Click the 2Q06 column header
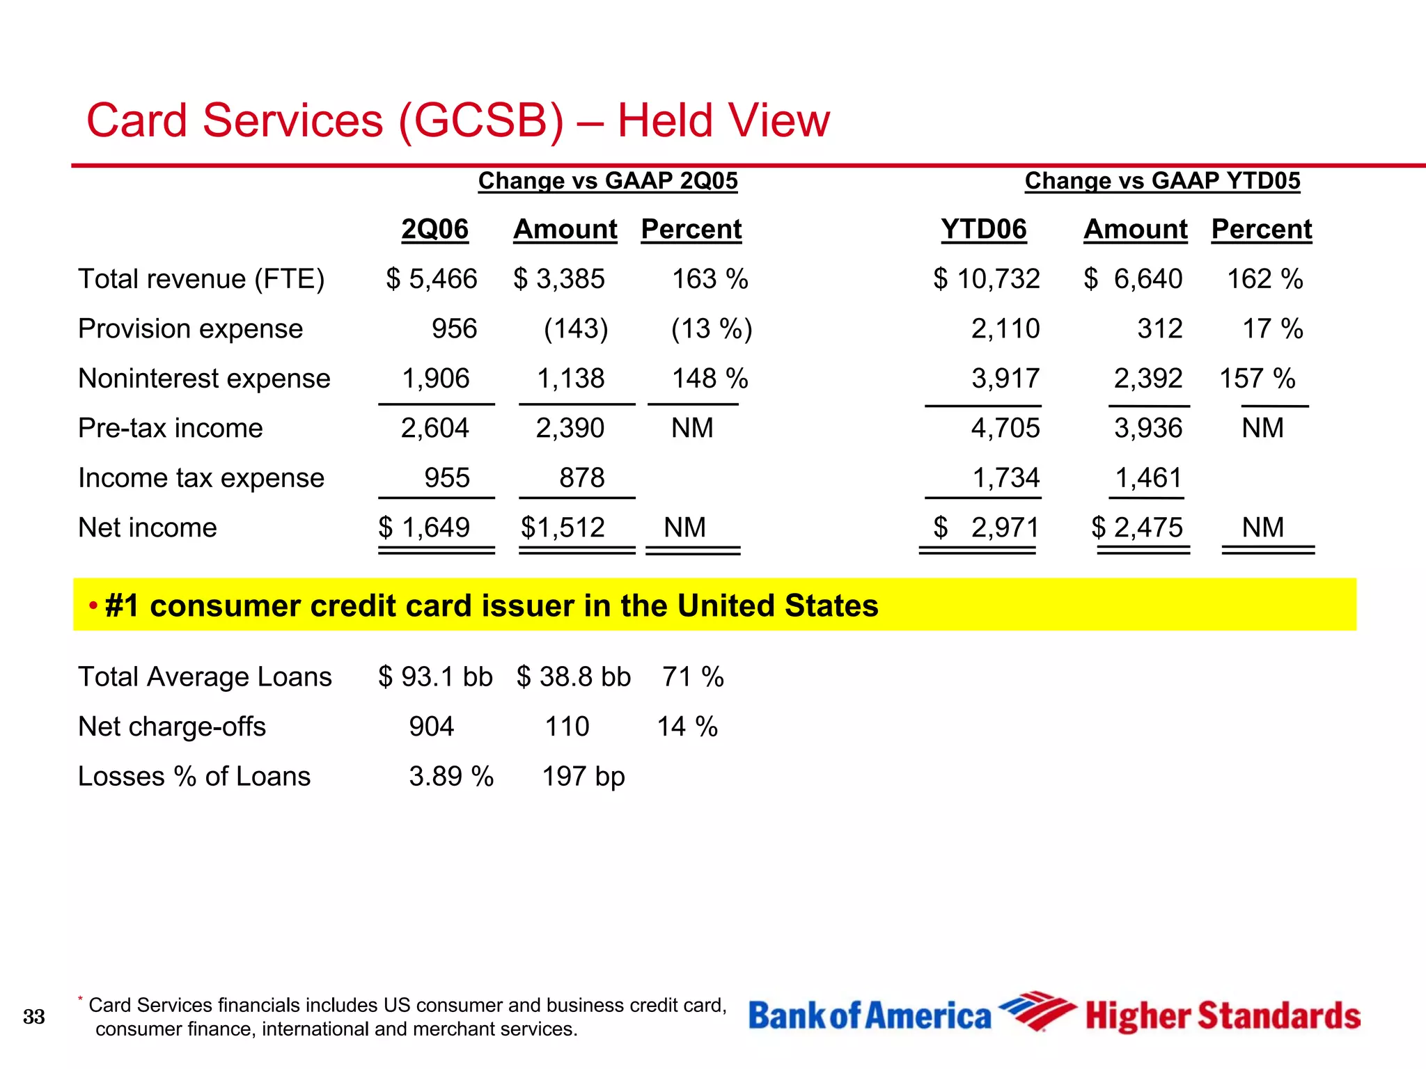[434, 229]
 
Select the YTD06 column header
[983, 229]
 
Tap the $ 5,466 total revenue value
[432, 279]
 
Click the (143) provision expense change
[576, 328]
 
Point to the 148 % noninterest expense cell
[709, 379]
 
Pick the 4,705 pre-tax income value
[1005, 428]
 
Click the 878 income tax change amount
[581, 478]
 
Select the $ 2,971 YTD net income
[985, 528]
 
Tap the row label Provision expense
[190, 328]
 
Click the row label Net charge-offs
[171, 727]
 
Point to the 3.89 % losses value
[450, 777]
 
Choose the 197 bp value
[583, 777]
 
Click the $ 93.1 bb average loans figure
[435, 677]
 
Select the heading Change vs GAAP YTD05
[1162, 181]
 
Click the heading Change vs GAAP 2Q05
[607, 181]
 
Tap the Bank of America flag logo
[1036, 1011]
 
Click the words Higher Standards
[1222, 1016]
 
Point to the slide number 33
[33, 1017]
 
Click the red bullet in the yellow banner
[93, 605]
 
